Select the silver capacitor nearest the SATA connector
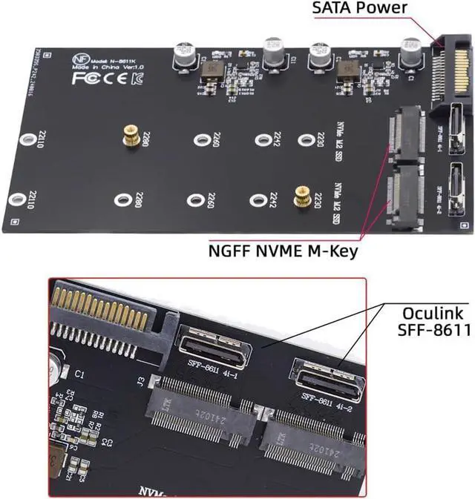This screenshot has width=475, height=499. (410, 52)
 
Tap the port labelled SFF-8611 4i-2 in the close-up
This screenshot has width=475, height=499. (327, 380)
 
